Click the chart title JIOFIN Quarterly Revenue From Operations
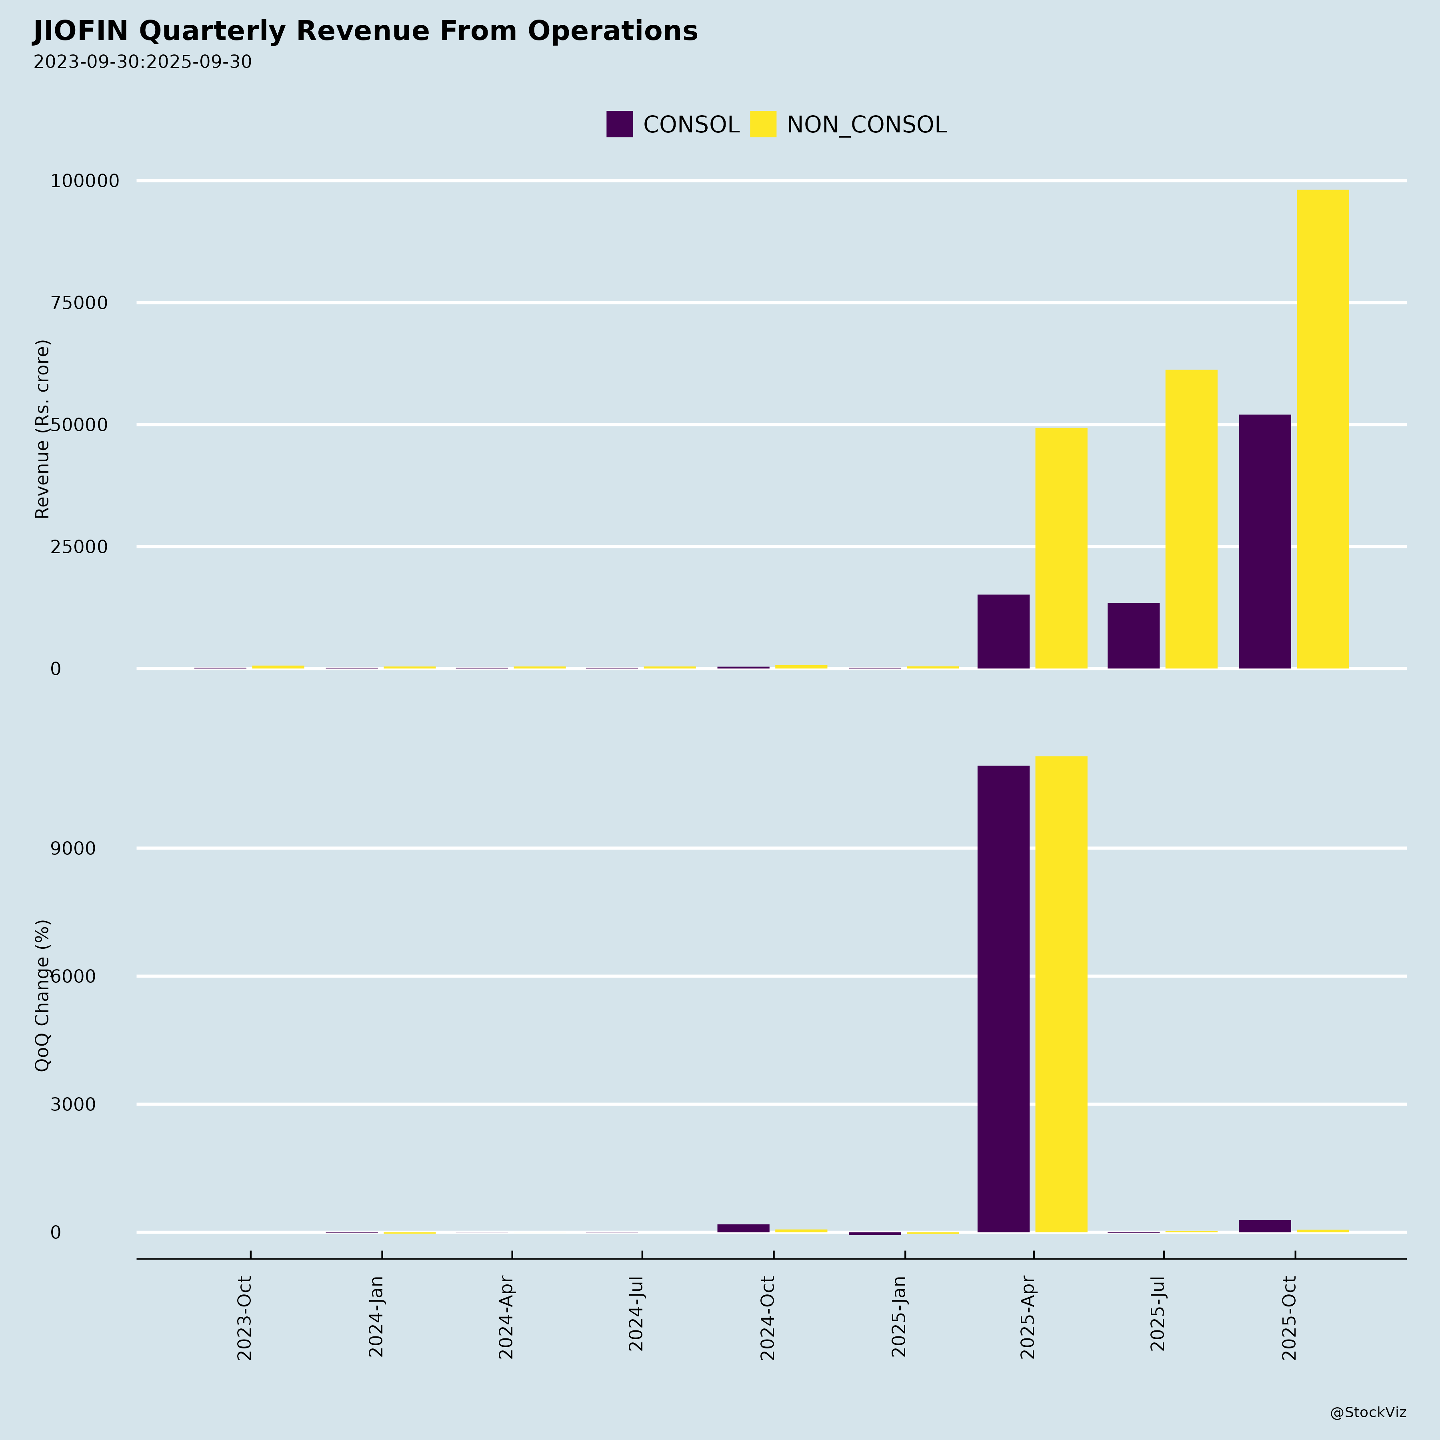tap(365, 31)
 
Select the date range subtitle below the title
tap(142, 62)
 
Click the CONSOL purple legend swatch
tap(619, 124)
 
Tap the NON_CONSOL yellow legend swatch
tap(762, 124)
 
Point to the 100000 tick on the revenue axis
tap(85, 181)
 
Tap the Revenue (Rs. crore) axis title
tap(42, 429)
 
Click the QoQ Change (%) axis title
tap(42, 996)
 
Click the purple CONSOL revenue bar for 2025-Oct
tap(1265, 542)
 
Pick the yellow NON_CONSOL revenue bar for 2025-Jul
tap(1191, 520)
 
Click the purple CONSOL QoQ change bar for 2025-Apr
tap(1003, 999)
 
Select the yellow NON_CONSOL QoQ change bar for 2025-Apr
tap(1061, 994)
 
